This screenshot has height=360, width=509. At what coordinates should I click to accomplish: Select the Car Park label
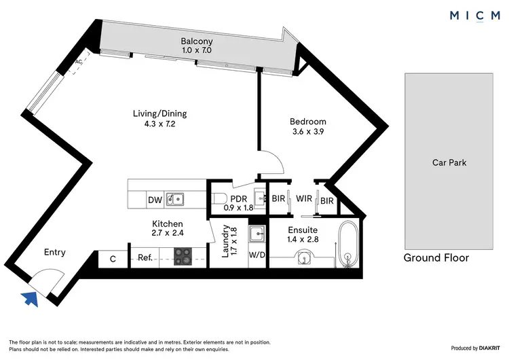tap(449, 162)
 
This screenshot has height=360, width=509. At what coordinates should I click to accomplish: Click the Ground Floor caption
tap(436, 258)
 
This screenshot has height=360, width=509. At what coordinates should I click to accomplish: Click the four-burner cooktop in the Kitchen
tap(183, 257)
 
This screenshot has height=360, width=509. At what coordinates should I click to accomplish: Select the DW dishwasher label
tap(154, 200)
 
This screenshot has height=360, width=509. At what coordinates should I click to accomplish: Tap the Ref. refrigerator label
tap(145, 257)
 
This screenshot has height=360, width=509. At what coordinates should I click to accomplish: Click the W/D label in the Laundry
tap(257, 256)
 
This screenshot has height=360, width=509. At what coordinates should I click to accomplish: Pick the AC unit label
tap(78, 62)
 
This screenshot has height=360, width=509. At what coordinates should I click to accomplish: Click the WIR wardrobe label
tap(303, 200)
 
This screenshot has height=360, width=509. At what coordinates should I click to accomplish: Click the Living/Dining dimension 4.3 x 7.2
tap(159, 124)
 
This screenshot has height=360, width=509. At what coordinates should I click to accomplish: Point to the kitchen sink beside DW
tap(175, 199)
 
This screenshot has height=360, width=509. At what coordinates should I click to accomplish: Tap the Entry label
tap(54, 252)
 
